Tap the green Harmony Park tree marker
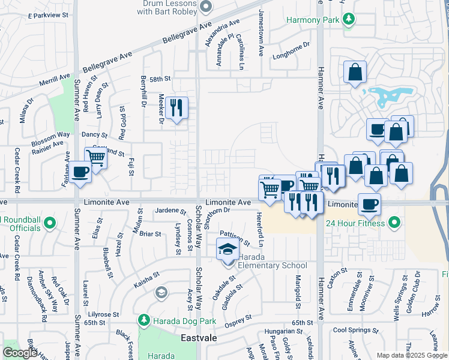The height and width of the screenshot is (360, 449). pos(348,20)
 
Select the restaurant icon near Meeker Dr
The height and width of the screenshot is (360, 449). pos(176,108)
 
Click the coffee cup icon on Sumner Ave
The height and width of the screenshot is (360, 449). pos(80,172)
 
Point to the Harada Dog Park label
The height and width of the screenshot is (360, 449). pos(183,321)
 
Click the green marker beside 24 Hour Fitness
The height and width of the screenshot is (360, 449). pos(394,224)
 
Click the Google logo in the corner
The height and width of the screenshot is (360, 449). pos(20,353)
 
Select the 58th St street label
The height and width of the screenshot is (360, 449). pos(161,79)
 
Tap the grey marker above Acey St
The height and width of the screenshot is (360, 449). pos(161,293)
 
